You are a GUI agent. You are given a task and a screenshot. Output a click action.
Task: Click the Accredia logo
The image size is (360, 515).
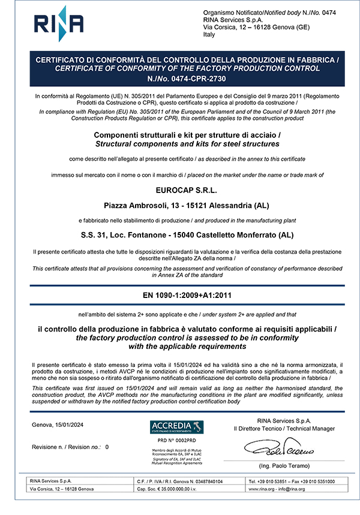pos(177,427)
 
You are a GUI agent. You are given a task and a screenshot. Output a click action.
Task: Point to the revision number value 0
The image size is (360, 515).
pos(107,447)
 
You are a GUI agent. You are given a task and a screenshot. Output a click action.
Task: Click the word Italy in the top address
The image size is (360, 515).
pos(209,35)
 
